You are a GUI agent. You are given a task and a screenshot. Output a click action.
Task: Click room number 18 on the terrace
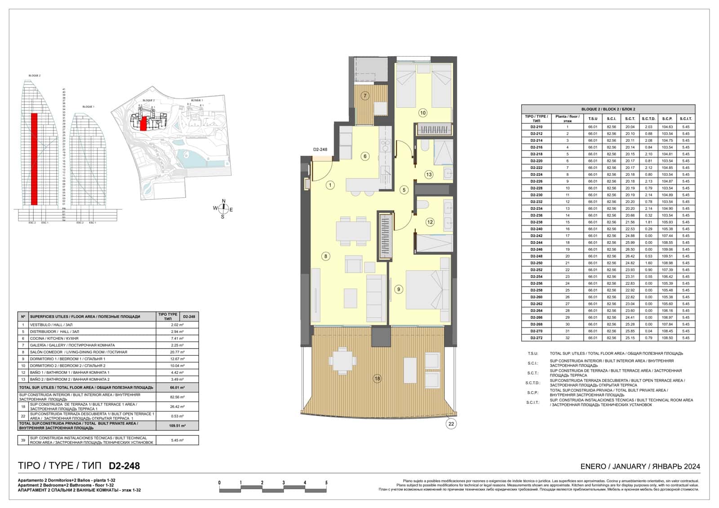click(377, 379)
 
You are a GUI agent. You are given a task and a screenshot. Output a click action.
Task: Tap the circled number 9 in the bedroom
click(399, 289)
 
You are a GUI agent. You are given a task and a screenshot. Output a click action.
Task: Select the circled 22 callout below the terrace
click(451, 424)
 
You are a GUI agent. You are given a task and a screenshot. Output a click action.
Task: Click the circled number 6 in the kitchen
click(365, 156)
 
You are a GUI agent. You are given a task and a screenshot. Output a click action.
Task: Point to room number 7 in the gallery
click(365, 96)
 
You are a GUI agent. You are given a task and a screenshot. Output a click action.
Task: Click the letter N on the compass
click(223, 201)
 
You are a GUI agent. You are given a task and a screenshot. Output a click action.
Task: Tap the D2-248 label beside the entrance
click(320, 150)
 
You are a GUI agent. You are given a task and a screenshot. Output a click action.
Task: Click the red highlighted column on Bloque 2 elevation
click(34, 159)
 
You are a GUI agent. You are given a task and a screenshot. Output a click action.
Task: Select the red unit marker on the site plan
click(143, 123)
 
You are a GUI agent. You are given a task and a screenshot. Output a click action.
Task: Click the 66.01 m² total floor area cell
click(177, 387)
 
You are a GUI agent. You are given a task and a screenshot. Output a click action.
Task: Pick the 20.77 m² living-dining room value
click(177, 352)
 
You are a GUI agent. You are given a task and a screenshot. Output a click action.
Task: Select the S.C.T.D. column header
click(648, 119)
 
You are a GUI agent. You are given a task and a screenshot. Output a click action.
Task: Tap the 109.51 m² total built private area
click(177, 426)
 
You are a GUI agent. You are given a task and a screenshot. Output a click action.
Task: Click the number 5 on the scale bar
click(326, 483)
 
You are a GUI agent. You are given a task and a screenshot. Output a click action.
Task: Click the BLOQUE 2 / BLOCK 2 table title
click(608, 109)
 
